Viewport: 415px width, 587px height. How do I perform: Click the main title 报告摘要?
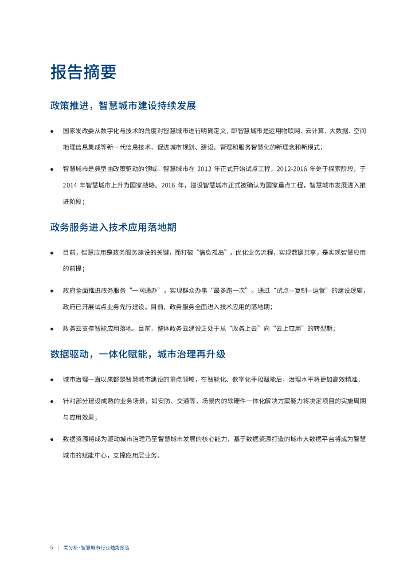[83, 72]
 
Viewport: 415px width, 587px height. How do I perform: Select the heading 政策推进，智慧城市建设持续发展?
[123, 106]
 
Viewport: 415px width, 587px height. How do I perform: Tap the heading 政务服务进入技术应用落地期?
[113, 227]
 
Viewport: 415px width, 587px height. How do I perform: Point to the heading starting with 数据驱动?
[138, 354]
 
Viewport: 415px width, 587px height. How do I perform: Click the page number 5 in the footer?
[52, 547]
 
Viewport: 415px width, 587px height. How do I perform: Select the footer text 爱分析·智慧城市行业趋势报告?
[97, 547]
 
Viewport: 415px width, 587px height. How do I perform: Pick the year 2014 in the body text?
[71, 185]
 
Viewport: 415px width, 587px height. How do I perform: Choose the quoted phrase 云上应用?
[289, 328]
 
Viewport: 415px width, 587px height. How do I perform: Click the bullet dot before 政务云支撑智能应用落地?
[52, 329]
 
